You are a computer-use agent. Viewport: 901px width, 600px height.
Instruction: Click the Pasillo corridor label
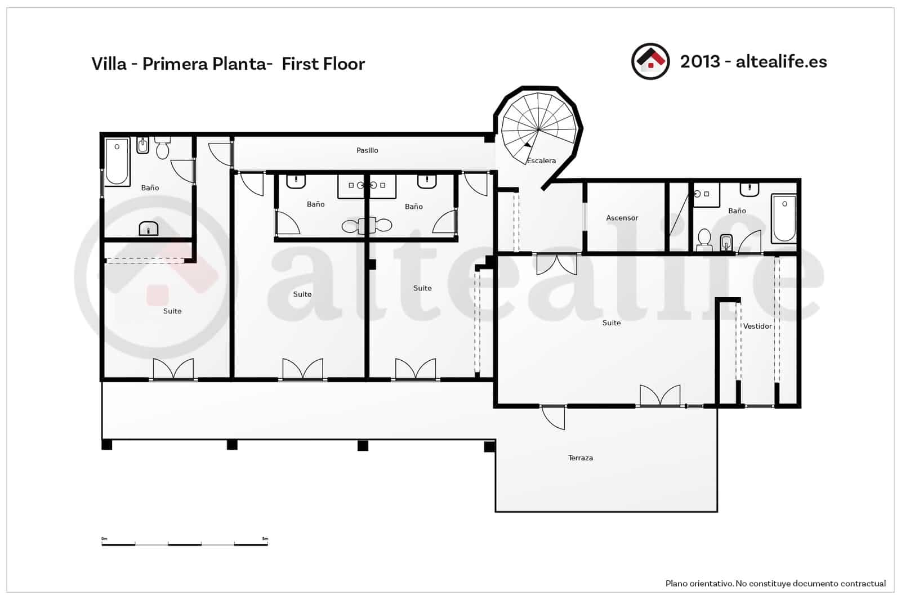click(367, 150)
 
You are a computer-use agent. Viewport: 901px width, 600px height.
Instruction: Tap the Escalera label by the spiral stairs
click(541, 161)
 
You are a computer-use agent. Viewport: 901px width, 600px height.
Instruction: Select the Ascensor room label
click(622, 218)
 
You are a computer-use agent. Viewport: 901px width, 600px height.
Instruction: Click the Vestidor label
click(757, 326)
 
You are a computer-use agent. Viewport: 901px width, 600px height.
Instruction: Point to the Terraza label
click(580, 458)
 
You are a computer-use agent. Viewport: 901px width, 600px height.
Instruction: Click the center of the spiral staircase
click(538, 130)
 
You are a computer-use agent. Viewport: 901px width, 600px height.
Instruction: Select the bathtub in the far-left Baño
click(117, 161)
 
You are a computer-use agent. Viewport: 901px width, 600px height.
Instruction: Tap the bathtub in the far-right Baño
click(784, 218)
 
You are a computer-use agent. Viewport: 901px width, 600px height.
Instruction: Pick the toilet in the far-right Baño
click(704, 239)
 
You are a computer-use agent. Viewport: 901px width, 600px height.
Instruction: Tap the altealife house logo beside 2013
click(650, 61)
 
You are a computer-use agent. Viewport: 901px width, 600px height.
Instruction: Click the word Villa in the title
click(109, 64)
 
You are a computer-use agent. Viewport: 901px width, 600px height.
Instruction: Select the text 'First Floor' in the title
click(323, 64)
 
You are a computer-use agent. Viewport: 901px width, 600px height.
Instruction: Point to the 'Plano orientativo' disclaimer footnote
click(775, 584)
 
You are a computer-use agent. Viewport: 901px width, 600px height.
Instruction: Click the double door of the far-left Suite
click(173, 370)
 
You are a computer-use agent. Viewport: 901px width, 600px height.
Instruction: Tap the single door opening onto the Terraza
click(553, 417)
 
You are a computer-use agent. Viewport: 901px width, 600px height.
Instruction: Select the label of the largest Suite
click(611, 323)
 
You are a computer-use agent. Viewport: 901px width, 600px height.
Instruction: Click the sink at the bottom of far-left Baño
click(149, 229)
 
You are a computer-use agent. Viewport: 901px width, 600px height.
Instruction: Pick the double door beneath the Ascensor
click(556, 264)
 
